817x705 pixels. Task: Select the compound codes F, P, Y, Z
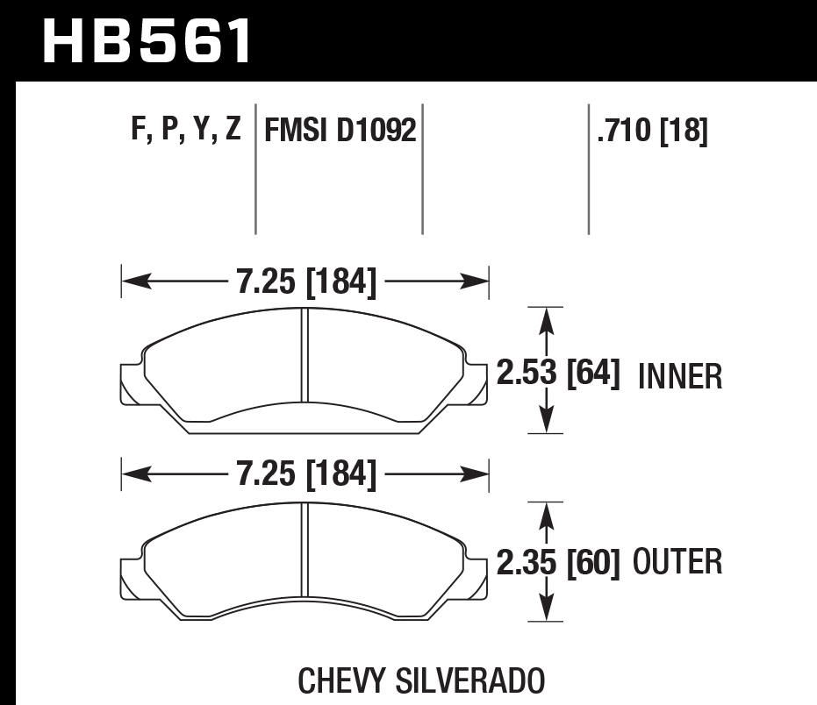(185, 131)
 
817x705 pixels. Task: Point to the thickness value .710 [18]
(651, 132)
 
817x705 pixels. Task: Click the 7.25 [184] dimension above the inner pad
(305, 281)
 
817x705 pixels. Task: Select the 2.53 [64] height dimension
(558, 376)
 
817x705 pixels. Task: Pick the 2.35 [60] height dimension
(558, 561)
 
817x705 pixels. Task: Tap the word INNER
(680, 377)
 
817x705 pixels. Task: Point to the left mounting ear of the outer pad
(130, 574)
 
